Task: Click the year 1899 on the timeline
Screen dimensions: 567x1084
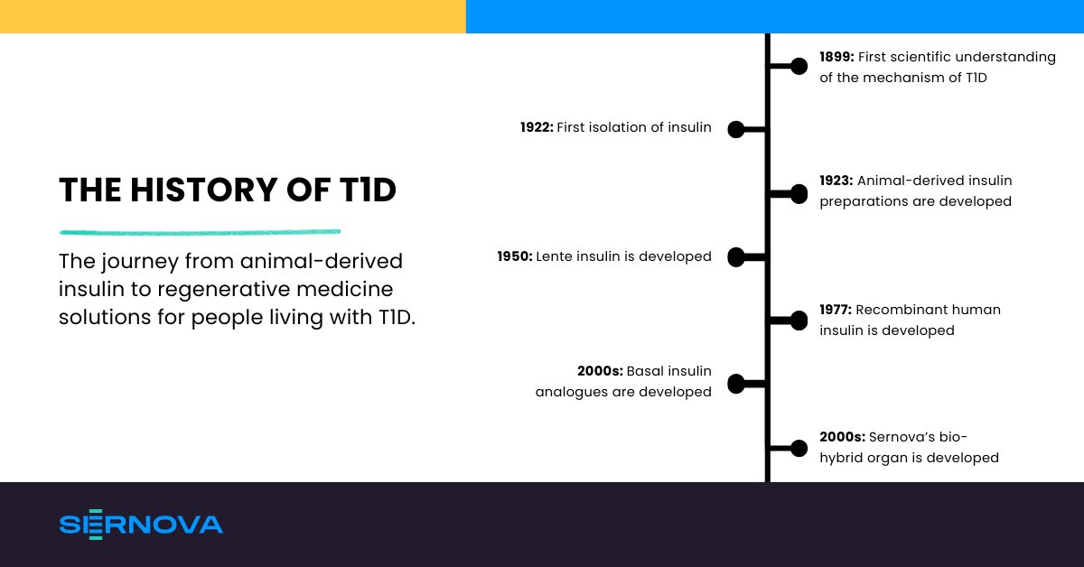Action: click(x=836, y=57)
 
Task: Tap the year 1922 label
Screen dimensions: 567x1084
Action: click(x=537, y=128)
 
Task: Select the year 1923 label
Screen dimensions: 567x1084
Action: click(x=836, y=181)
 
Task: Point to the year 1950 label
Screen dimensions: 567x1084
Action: click(x=514, y=257)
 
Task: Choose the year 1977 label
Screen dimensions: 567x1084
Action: click(x=836, y=310)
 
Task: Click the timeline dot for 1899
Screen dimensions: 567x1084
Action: click(x=799, y=66)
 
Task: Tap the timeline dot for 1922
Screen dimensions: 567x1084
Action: click(x=736, y=130)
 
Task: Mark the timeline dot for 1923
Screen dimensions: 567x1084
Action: click(x=799, y=193)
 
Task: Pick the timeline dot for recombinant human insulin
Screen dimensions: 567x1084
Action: click(x=799, y=321)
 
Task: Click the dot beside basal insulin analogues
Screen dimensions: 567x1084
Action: click(x=736, y=384)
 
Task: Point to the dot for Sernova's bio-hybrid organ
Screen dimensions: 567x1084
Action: click(x=799, y=448)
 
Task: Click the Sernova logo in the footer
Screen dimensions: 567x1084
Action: click(x=141, y=525)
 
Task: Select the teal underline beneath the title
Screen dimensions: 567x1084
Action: click(x=200, y=232)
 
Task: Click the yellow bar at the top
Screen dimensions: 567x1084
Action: click(x=232, y=16)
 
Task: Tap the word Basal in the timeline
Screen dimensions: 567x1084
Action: click(x=645, y=371)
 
